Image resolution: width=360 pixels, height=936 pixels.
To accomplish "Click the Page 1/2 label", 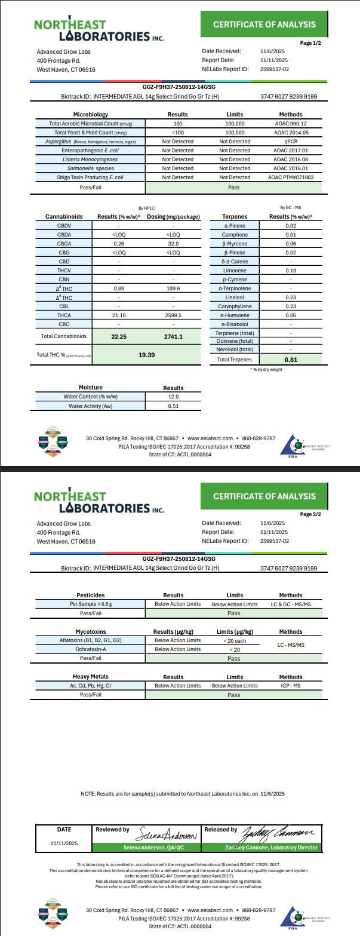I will [310, 43].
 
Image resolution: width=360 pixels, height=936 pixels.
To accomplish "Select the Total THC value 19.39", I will [146, 354].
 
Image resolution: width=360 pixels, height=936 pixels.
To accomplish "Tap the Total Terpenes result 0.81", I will [291, 360].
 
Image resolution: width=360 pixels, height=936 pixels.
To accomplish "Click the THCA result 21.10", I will [119, 315].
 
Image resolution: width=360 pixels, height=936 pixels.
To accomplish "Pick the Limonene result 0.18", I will [291, 271].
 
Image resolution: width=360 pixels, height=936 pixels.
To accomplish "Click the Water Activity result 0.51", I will [173, 406].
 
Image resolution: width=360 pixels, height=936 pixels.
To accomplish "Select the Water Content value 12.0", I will [173, 397].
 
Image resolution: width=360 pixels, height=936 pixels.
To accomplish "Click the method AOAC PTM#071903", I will [291, 177].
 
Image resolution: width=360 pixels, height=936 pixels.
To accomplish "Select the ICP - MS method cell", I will [291, 685].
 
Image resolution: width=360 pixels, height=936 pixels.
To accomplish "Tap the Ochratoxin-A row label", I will [90, 649].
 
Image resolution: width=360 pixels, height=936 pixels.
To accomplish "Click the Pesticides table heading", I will [90, 595].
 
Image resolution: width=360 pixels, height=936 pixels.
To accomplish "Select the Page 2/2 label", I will [310, 514].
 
